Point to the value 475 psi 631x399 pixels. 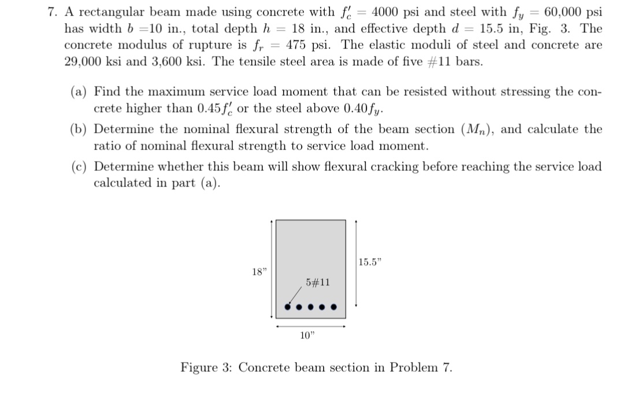(x=306, y=45)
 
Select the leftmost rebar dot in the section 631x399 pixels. (x=288, y=307)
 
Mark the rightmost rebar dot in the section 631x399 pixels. (x=333, y=307)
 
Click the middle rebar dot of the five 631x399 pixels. (x=311, y=307)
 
